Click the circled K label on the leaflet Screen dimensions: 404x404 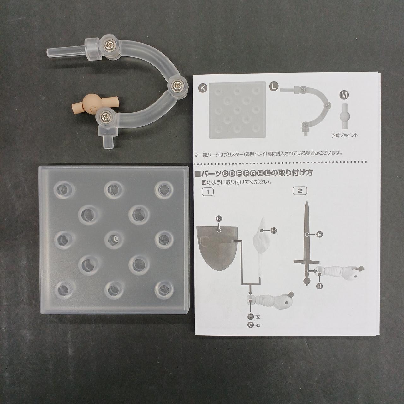[x=203, y=88]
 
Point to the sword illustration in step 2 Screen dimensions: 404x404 [x=307, y=243]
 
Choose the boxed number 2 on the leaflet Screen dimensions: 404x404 [x=300, y=191]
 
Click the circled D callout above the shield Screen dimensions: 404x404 [x=218, y=219]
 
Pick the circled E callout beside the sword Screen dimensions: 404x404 [x=319, y=235]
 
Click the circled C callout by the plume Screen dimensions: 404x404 [x=274, y=231]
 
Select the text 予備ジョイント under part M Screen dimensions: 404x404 [x=344, y=135]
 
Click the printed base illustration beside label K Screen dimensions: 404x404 [x=238, y=110]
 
